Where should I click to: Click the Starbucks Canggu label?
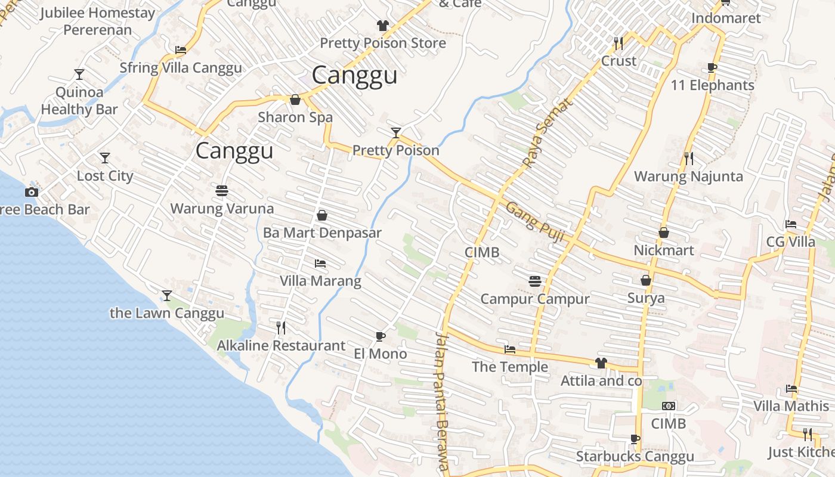click(635, 457)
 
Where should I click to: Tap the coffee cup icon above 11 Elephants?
click(712, 67)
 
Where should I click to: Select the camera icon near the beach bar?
click(32, 192)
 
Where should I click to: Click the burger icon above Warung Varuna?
click(222, 191)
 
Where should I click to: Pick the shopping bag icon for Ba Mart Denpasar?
click(322, 215)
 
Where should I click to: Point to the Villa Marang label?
click(320, 281)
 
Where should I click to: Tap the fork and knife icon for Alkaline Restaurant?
click(281, 327)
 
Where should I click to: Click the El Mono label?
click(380, 354)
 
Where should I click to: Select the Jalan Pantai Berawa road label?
click(442, 402)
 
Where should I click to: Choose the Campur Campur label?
click(534, 299)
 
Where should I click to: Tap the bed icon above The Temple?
click(510, 349)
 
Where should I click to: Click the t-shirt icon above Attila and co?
click(601, 363)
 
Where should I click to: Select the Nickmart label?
click(663, 250)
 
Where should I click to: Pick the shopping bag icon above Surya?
click(646, 280)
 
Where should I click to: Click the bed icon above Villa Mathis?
click(791, 388)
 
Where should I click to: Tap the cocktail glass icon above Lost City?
click(105, 158)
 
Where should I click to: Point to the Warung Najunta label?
click(688, 176)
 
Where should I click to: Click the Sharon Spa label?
click(295, 117)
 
